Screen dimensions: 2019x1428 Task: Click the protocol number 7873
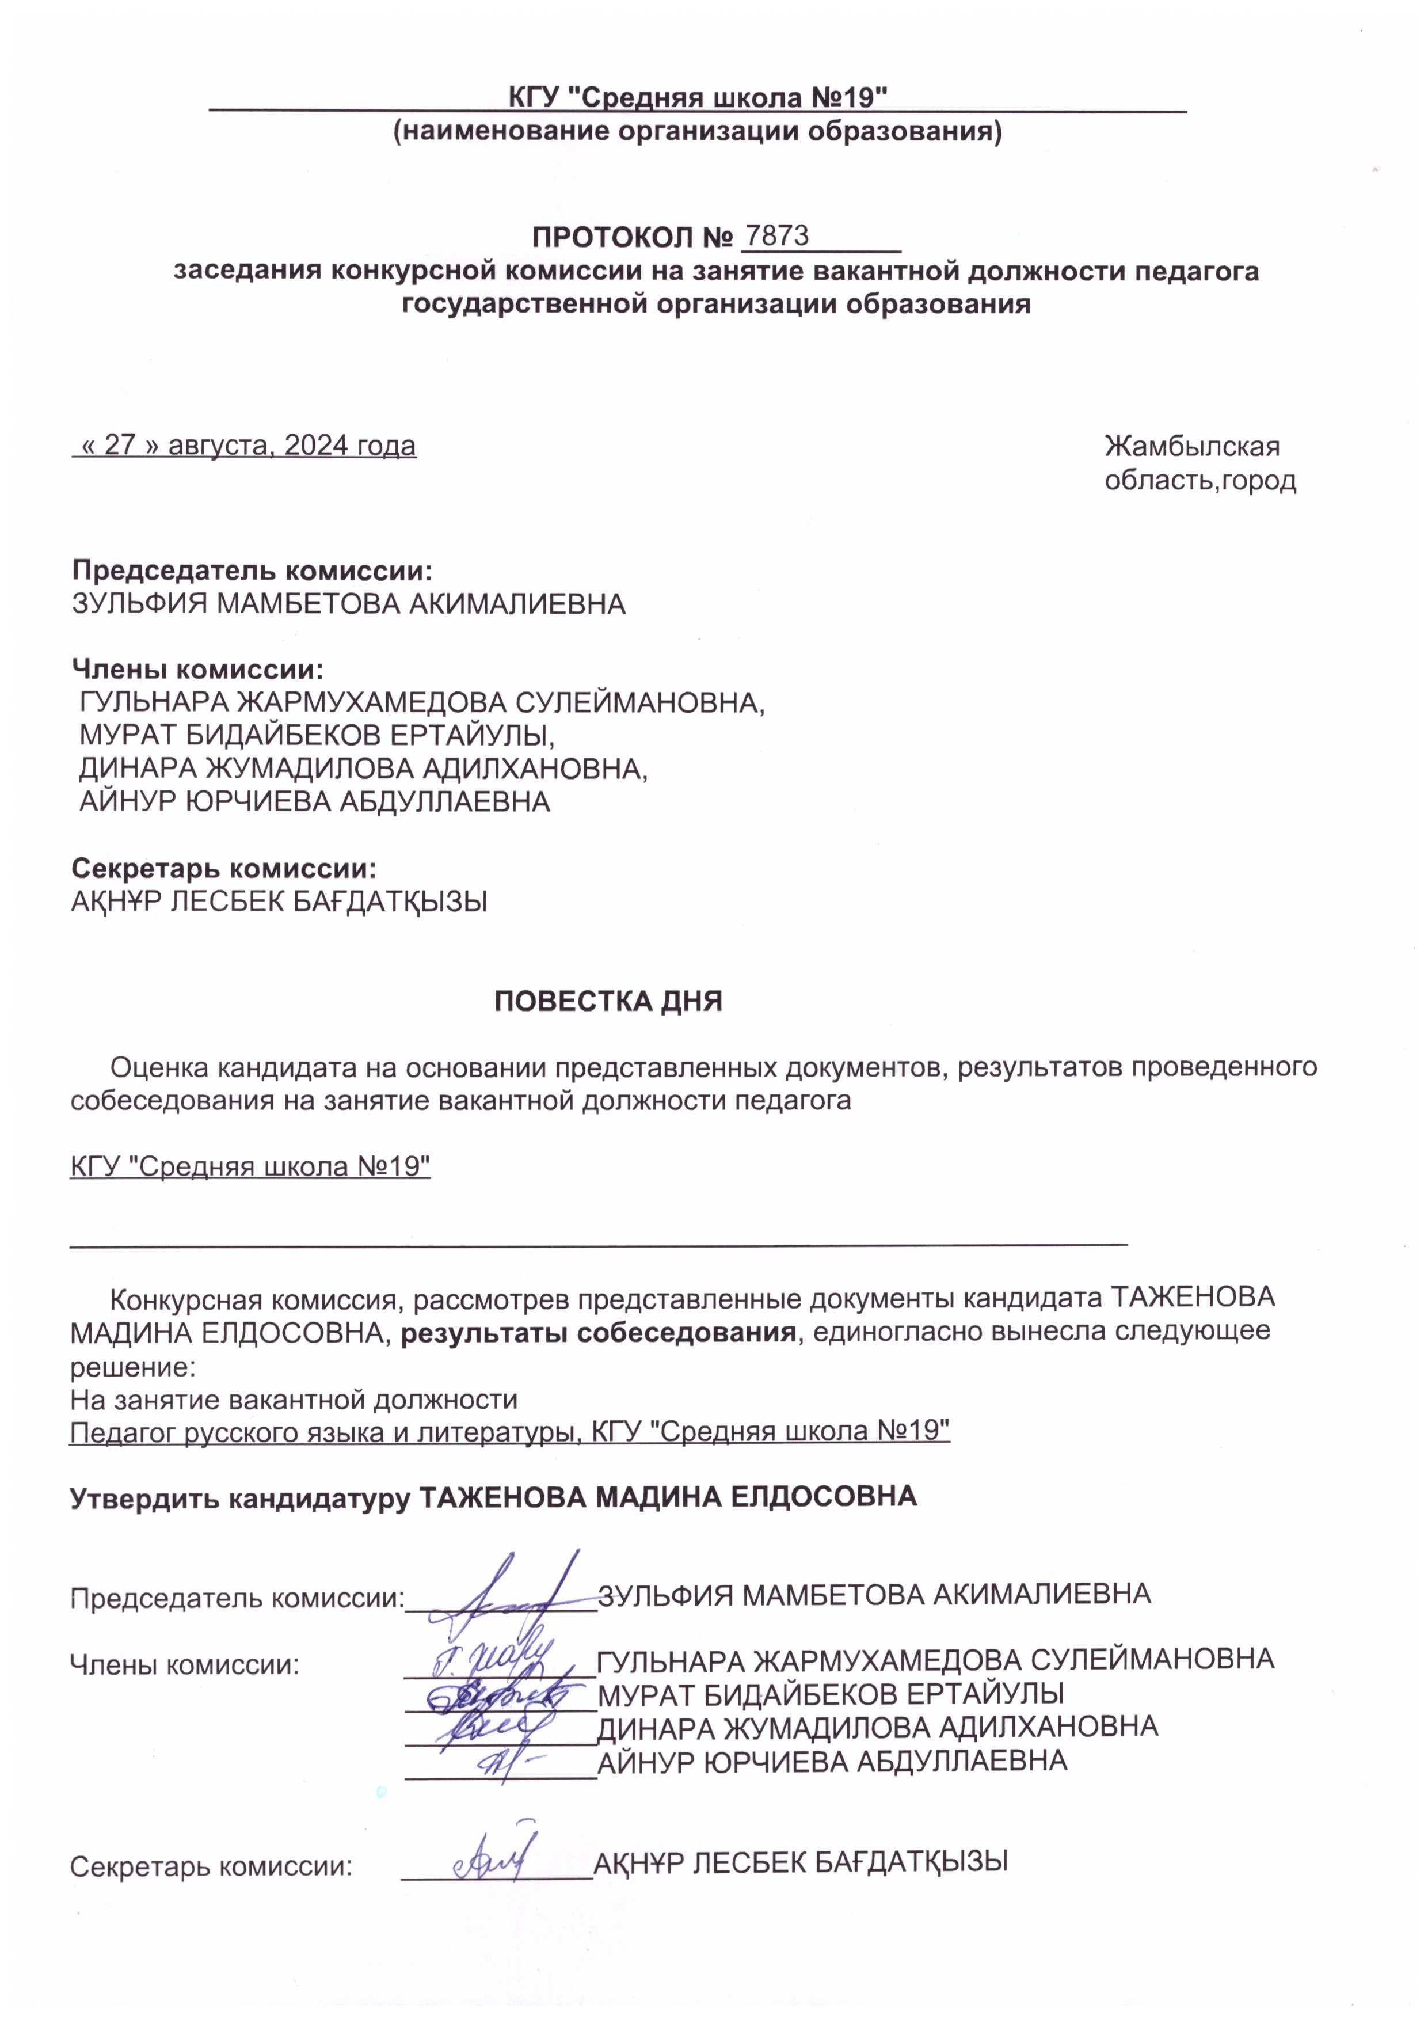pos(776,235)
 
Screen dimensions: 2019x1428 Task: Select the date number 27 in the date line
pos(120,446)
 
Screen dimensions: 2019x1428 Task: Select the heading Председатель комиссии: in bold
pos(252,571)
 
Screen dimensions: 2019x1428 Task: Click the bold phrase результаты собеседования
pos(598,1332)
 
